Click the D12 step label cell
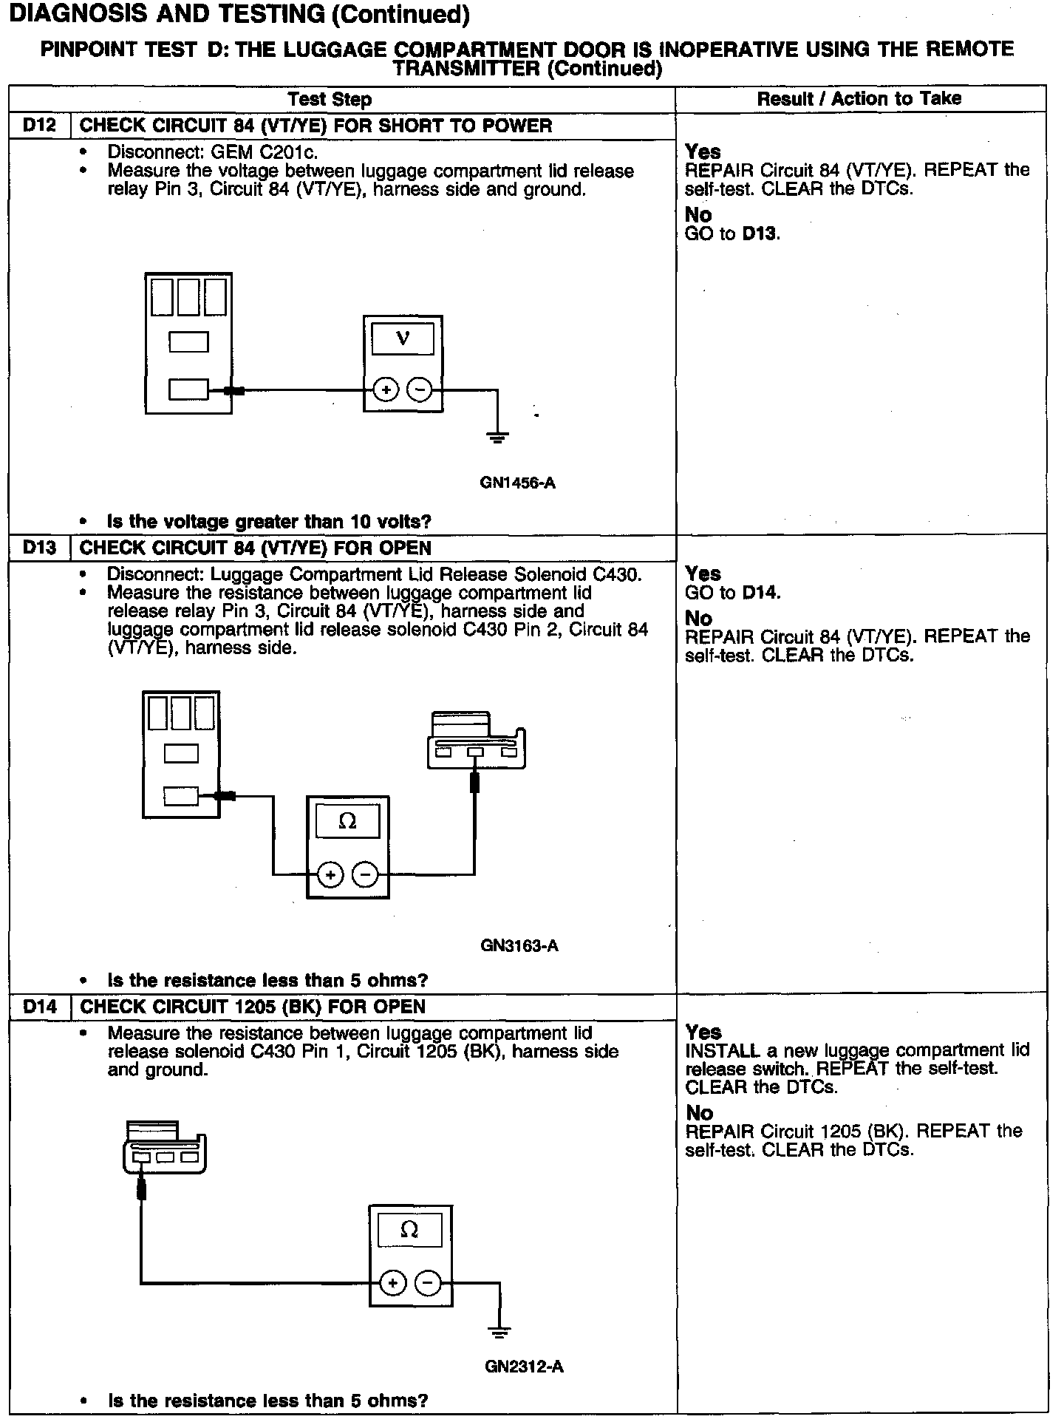39,126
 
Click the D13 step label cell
39,548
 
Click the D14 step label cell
39,1007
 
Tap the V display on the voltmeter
403,339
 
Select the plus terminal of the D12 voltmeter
386,389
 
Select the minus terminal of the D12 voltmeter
420,389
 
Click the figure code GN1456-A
517,483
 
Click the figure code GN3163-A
519,945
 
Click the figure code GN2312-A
524,1367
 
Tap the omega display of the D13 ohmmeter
347,821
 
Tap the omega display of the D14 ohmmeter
409,1230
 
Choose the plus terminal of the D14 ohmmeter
393,1283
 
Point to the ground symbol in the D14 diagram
499,1332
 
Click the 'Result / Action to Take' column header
859,99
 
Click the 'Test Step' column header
330,99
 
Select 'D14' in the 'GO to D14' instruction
760,593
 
